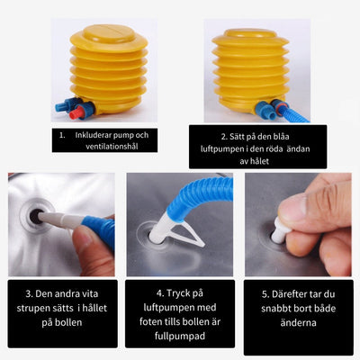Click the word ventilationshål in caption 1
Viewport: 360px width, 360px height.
click(112, 147)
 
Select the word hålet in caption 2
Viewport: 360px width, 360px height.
click(258, 161)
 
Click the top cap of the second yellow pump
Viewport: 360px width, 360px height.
click(250, 33)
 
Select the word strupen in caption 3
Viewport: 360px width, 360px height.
click(31, 308)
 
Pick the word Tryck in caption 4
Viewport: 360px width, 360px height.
click(177, 293)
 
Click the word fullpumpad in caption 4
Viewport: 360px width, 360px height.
click(180, 336)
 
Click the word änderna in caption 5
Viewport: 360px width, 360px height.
click(299, 323)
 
